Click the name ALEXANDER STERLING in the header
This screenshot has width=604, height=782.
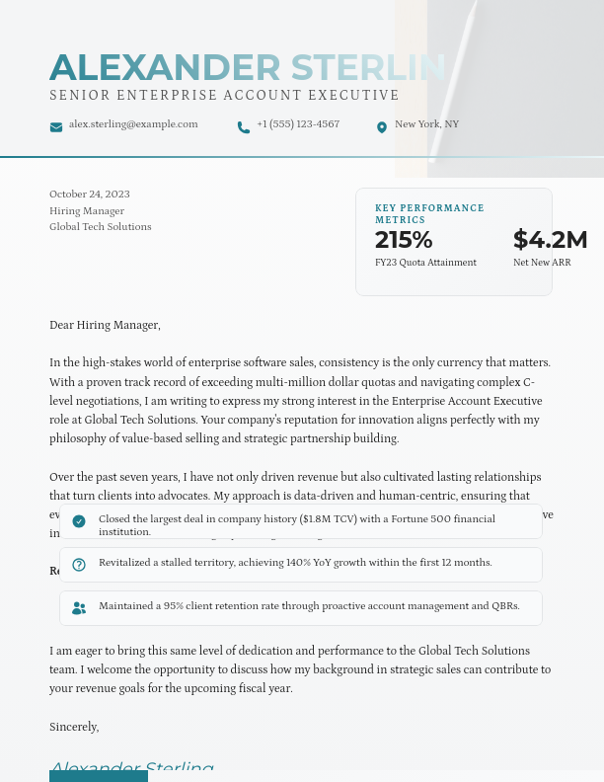coord(247,67)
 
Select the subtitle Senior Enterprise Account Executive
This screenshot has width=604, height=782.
coord(224,96)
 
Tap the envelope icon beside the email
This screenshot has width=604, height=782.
coord(56,126)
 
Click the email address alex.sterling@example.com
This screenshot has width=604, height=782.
coord(133,124)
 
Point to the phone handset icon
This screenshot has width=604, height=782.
coord(244,126)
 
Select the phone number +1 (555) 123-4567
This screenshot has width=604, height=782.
coord(298,124)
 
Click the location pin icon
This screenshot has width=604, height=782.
coord(382,126)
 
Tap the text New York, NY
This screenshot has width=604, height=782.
coord(426,124)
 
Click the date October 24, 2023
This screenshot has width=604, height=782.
coord(90,195)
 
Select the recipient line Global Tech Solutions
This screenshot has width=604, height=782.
coord(101,227)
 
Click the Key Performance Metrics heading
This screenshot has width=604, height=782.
coord(429,213)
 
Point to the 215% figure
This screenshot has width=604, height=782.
coord(404,240)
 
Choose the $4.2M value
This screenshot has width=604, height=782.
coord(550,240)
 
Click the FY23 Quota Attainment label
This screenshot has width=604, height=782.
coord(425,263)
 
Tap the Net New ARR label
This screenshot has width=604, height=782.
coord(542,263)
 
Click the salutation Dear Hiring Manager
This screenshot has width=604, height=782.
coord(105,325)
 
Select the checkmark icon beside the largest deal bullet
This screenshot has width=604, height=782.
coord(79,520)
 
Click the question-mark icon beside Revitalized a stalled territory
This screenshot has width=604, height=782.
coord(79,564)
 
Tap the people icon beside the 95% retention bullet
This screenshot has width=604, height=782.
coord(79,607)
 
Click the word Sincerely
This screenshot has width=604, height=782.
coord(74,727)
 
